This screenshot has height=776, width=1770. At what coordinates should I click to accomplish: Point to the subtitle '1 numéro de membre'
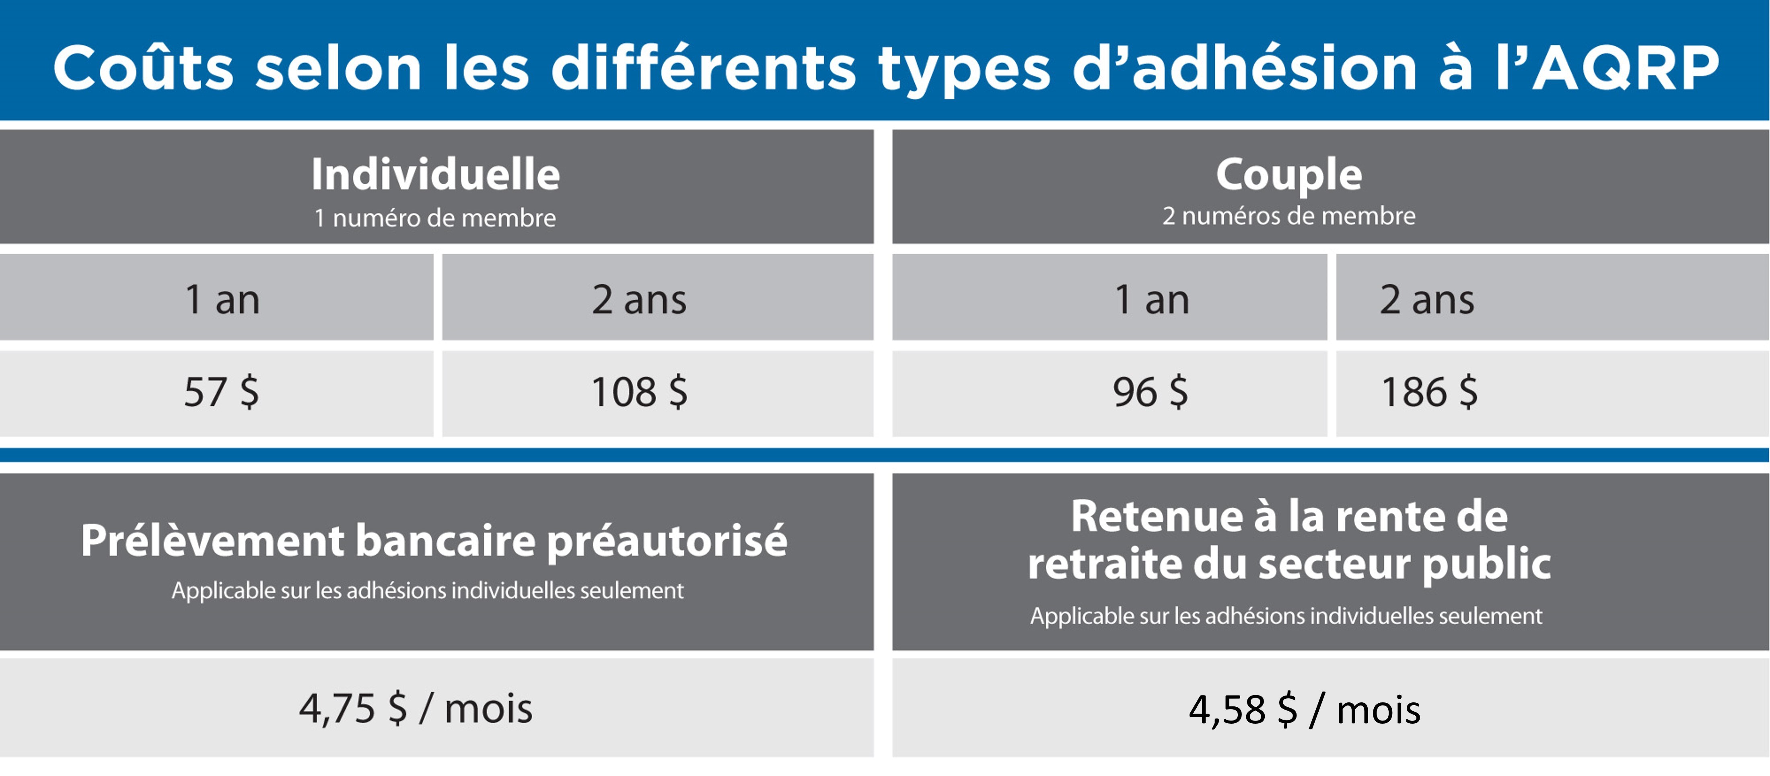click(435, 218)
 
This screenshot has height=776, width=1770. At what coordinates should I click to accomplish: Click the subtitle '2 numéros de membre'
click(1289, 216)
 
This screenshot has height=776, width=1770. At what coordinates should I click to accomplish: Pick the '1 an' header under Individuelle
click(222, 300)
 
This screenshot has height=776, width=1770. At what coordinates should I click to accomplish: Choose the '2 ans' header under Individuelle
click(639, 300)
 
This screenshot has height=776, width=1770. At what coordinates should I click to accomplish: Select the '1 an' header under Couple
click(1152, 300)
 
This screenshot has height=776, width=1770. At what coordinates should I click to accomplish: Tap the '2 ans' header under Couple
click(1427, 300)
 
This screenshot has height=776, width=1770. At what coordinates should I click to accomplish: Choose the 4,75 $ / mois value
click(416, 709)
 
